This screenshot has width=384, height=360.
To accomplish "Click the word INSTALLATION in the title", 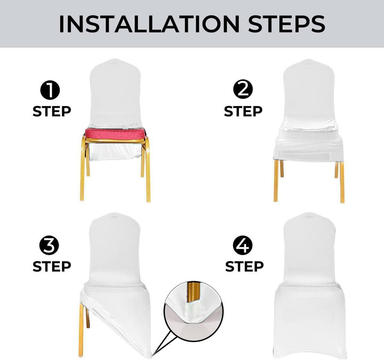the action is [149, 24].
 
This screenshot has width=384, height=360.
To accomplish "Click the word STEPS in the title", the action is [287, 24].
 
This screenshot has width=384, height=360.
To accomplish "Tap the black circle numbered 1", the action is [50, 91].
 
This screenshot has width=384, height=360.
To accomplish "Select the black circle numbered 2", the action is [243, 90].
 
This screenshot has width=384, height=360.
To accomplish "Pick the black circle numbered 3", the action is [49, 246].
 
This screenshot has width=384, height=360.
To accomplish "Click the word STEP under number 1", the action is [52, 111].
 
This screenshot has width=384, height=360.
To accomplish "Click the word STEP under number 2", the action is [243, 111].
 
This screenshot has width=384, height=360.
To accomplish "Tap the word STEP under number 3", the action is [52, 266].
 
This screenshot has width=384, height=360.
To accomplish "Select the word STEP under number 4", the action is [244, 266].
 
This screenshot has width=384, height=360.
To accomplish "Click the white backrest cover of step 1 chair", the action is [116, 93].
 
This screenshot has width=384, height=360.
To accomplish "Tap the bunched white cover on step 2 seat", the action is [309, 142].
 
